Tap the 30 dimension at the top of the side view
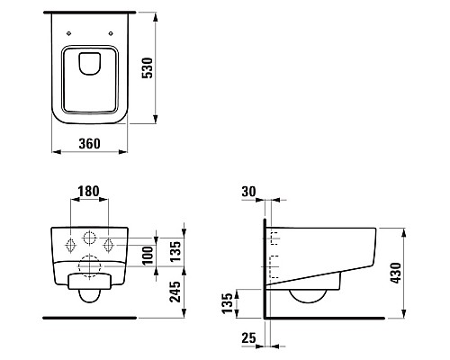pyautogui.click(x=249, y=192)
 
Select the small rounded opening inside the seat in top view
pyautogui.click(x=89, y=64)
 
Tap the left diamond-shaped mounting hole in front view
pyautogui.click(x=72, y=244)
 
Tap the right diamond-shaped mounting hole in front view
pyautogui.click(x=109, y=244)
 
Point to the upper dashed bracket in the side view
pyautogui.click(x=274, y=238)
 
